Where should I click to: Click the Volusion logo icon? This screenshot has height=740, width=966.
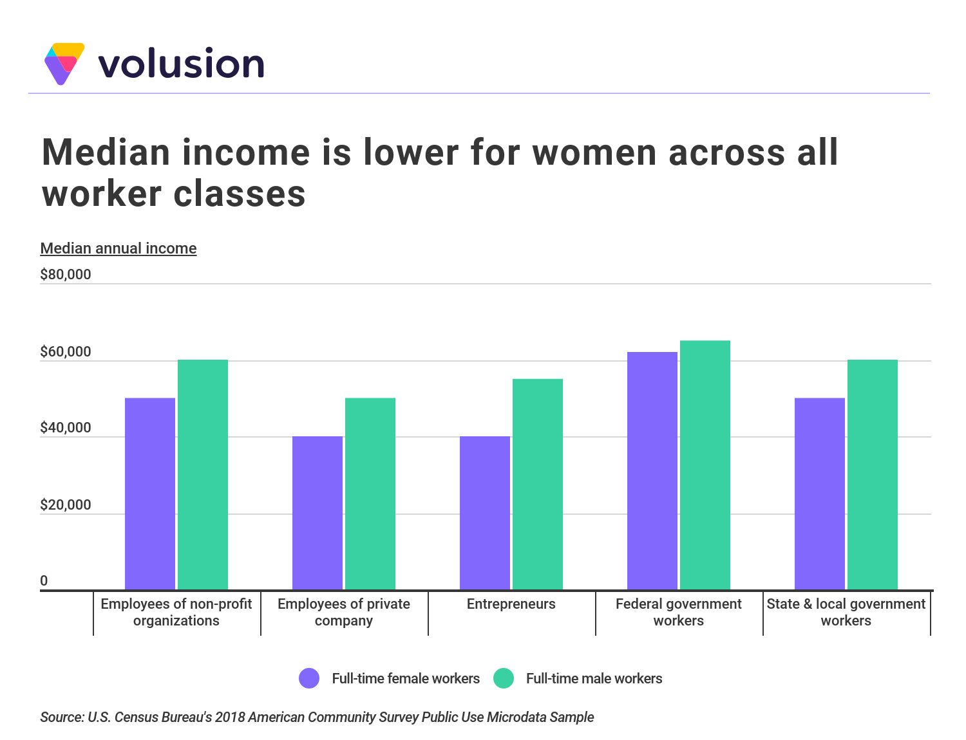(x=64, y=63)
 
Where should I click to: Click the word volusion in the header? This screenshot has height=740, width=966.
(x=181, y=64)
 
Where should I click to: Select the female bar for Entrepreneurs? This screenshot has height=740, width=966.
(x=484, y=513)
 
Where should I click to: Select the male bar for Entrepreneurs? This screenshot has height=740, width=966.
(x=537, y=484)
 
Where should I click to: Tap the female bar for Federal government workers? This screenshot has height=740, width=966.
(x=652, y=470)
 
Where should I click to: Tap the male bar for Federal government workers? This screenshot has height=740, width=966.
(x=705, y=465)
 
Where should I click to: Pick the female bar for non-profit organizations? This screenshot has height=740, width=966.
(x=149, y=494)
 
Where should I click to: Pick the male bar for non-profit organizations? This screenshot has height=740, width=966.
(x=202, y=474)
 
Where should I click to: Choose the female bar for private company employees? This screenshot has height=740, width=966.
(x=317, y=513)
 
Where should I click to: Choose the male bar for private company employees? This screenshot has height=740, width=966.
(x=370, y=494)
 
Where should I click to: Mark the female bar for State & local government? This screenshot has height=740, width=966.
(x=819, y=494)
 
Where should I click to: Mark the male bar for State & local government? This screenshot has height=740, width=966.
(x=872, y=474)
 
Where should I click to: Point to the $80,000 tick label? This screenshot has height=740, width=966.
(x=66, y=275)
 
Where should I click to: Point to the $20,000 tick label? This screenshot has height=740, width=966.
(x=66, y=505)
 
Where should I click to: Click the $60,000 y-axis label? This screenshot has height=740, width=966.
(x=66, y=352)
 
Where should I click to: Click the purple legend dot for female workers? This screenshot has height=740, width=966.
(x=309, y=678)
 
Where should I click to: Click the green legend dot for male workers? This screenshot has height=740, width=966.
(x=503, y=678)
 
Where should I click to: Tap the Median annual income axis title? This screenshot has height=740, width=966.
(x=118, y=248)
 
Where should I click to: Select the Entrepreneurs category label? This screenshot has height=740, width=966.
(x=511, y=604)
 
